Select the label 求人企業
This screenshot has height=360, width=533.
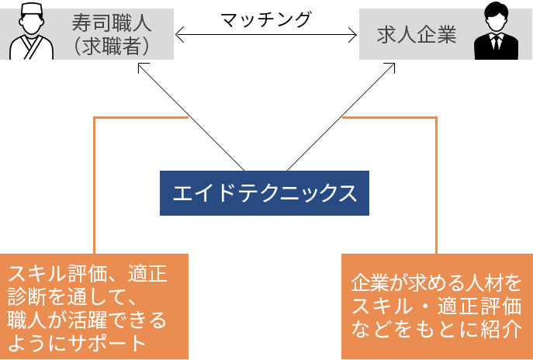[417, 35]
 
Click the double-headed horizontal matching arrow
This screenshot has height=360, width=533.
[266, 35]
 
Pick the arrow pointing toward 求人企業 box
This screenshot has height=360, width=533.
[341, 116]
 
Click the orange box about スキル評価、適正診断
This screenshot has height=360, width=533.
[94, 306]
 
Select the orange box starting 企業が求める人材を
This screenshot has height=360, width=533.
[437, 306]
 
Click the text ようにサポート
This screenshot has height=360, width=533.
[77, 342]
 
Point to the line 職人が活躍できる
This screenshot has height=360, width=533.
[87, 319]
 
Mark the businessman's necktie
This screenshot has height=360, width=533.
[497, 47]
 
